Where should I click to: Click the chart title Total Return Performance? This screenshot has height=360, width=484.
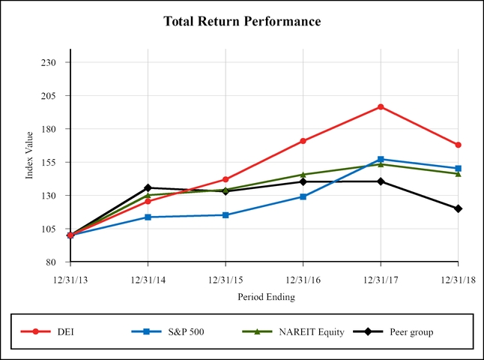click(x=242, y=22)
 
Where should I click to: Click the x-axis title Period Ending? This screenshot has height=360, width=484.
click(x=266, y=297)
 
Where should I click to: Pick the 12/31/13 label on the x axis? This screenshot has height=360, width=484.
click(x=70, y=279)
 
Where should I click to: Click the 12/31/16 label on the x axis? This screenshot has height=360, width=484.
click(x=303, y=279)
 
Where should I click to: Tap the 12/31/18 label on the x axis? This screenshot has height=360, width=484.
click(x=458, y=279)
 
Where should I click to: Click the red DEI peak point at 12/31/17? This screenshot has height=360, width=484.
click(x=381, y=106)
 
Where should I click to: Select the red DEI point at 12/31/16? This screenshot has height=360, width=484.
click(x=303, y=141)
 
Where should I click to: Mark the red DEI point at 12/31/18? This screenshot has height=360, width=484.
click(x=458, y=145)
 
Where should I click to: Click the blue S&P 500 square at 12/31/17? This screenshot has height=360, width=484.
click(x=381, y=159)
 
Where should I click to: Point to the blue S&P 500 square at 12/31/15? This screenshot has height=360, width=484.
click(x=226, y=215)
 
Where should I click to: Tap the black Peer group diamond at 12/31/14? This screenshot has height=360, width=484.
click(x=148, y=187)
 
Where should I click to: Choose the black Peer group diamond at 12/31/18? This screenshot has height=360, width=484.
click(x=458, y=208)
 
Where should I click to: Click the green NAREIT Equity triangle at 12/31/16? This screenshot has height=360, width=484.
click(x=303, y=175)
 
